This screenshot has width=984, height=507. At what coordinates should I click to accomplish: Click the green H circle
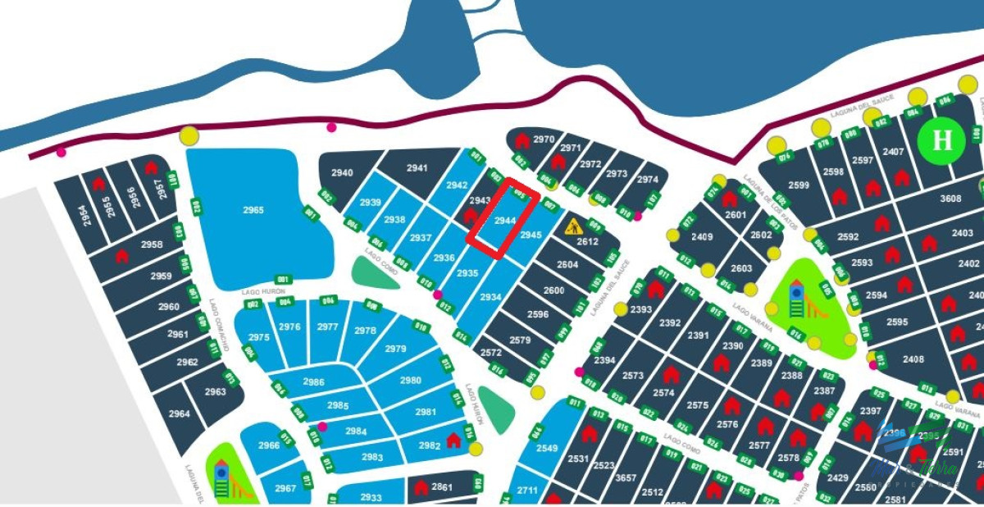coord(943,140)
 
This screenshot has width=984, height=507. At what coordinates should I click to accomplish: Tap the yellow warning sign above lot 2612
coord(574,226)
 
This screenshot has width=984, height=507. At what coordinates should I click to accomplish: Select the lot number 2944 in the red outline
coord(505,220)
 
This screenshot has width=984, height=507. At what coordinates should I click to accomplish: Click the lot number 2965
coord(253,210)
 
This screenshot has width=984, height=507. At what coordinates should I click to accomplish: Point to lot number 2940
coord(342,172)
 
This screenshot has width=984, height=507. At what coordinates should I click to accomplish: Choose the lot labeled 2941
coord(417,168)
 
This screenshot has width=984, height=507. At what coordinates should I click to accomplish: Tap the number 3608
coord(950,199)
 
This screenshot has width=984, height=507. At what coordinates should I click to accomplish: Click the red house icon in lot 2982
coord(453,441)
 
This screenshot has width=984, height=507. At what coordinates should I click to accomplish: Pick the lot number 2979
coord(395,349)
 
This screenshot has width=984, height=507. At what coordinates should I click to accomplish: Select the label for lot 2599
coord(798,185)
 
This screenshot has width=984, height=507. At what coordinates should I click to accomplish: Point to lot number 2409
coord(702,237)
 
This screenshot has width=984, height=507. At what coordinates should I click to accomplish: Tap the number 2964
coord(179,414)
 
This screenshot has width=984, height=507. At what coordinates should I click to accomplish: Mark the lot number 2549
coord(547,448)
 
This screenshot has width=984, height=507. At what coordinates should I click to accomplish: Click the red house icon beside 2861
coord(421,488)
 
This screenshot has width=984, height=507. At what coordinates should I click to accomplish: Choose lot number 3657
coord(626,477)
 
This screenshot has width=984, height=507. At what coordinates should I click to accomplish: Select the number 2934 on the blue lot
coord(490,297)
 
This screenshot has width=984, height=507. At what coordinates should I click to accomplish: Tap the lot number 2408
coord(913,359)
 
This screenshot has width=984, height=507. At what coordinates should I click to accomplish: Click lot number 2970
coord(544,139)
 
